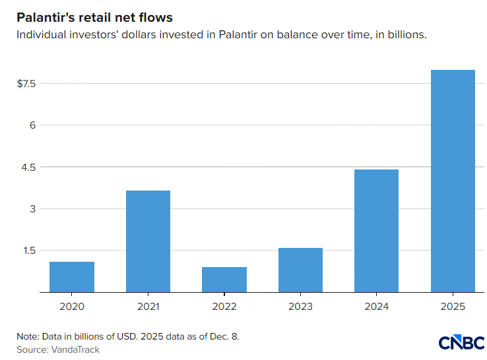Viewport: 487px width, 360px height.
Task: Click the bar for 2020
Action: (x=72, y=277)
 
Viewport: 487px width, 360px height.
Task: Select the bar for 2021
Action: (x=148, y=241)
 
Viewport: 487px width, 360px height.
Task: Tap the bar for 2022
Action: (x=224, y=280)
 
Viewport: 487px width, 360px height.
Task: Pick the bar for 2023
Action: (x=300, y=270)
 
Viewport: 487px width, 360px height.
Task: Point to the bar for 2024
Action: (x=376, y=231)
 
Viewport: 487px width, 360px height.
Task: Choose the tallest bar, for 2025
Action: (x=453, y=181)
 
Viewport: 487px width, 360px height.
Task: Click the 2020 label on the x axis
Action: (x=72, y=307)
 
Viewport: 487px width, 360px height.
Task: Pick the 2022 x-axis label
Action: (x=224, y=307)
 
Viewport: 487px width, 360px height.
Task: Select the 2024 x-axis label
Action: (x=376, y=307)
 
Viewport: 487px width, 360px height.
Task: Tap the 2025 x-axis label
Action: (x=453, y=307)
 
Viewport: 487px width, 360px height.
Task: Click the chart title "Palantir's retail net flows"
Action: (x=94, y=17)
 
